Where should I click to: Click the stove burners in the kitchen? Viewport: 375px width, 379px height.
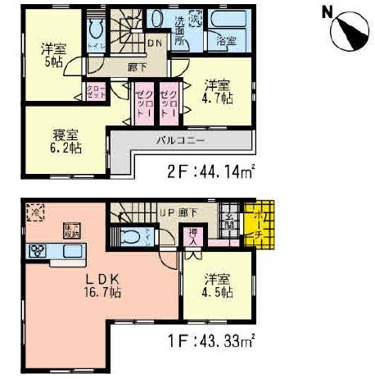point(37,250)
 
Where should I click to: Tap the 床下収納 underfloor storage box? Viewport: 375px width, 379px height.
point(69,231)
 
